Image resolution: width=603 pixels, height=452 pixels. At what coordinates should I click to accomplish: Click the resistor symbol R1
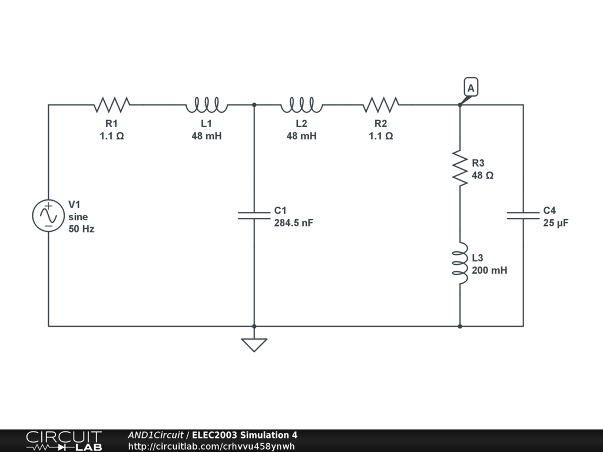pos(111,105)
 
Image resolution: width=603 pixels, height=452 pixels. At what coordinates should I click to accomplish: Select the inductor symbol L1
pos(206,105)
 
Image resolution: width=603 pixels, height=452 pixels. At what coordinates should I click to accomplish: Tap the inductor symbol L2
pos(301,105)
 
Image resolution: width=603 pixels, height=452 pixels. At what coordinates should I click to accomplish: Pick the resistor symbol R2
pos(381,105)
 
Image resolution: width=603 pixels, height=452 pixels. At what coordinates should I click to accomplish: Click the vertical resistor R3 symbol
pos(459,168)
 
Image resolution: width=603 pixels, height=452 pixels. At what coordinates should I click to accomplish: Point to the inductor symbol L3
pos(459,263)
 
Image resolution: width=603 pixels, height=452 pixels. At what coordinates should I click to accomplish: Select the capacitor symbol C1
pos(254,215)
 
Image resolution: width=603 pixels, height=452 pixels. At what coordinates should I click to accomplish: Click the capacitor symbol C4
pos(523,215)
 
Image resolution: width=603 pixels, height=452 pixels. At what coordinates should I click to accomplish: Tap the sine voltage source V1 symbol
pos(48,215)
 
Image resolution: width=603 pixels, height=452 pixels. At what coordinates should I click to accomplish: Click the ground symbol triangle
pos(254,344)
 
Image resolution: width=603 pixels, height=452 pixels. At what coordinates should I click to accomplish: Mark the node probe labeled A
pos(471,88)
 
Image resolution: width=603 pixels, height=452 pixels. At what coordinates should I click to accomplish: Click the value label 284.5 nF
pos(293,223)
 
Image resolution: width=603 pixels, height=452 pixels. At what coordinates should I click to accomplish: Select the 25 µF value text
pos(556,223)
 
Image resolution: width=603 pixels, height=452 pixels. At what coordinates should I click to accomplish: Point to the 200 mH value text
pos(489,271)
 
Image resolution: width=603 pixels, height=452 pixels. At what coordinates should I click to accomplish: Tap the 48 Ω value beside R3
pos(482,175)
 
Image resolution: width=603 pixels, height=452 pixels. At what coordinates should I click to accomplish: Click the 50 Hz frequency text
pos(81,229)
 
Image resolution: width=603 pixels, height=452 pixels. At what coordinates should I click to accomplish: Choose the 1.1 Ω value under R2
pos(381,136)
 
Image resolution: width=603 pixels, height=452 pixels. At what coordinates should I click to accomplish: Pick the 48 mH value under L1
pos(206,136)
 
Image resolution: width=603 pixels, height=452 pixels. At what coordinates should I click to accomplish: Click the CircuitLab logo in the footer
pos(64,441)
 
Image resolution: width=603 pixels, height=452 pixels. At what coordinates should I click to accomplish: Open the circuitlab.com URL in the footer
pos(211,446)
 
